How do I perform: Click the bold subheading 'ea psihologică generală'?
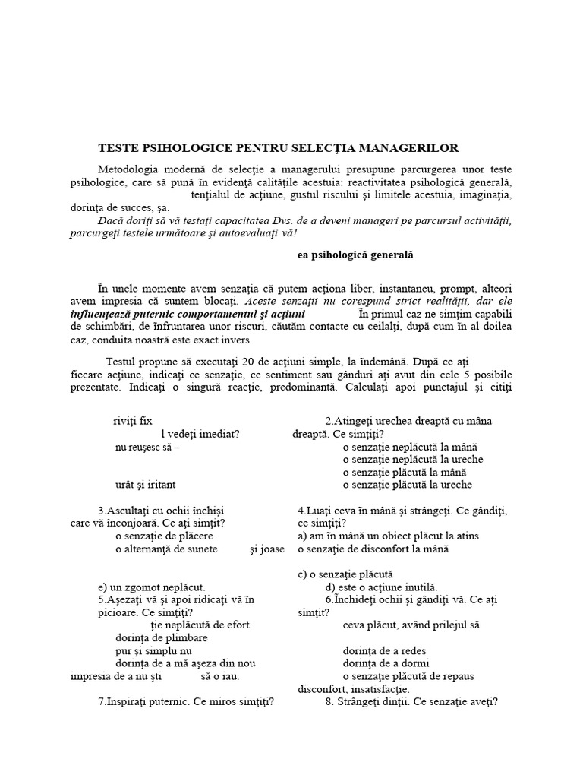point(354,255)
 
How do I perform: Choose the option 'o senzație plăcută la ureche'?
point(407,485)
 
